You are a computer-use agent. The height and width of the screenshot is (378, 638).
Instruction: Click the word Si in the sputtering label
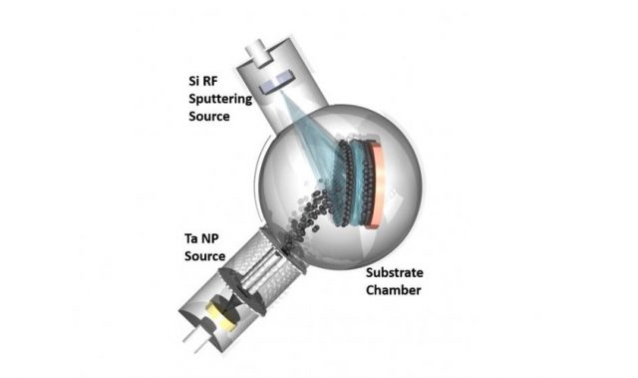tap(193, 81)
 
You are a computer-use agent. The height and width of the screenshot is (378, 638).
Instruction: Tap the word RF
tap(209, 81)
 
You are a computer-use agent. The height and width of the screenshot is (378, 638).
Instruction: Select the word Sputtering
tap(220, 100)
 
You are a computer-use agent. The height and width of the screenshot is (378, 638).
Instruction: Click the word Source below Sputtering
tap(209, 117)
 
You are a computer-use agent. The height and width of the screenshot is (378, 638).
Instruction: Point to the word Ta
tap(190, 238)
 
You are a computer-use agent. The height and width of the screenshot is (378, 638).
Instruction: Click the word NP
tap(209, 238)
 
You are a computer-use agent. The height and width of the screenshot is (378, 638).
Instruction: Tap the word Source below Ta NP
tap(204, 256)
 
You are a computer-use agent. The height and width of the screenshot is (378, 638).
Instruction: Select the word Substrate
tap(395, 272)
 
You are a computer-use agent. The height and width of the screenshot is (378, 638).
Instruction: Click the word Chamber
tap(393, 290)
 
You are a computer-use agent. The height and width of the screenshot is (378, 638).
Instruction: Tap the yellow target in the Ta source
tap(221, 315)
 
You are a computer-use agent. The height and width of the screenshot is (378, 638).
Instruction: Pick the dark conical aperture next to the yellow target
tap(230, 304)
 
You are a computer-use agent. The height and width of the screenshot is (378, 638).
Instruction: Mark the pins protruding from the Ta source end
tap(193, 341)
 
